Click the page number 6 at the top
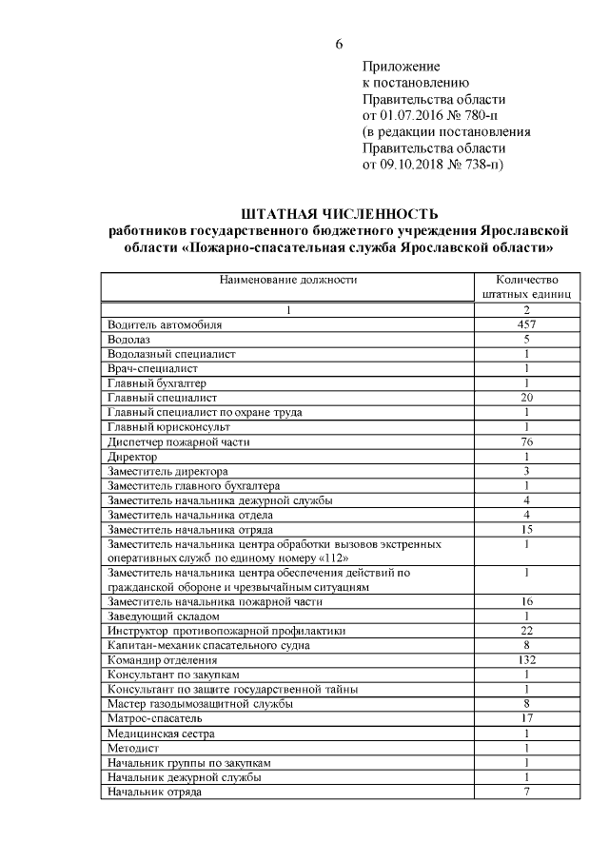point(338,44)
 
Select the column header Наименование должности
point(288,280)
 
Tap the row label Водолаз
point(130,339)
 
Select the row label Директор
point(133,457)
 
